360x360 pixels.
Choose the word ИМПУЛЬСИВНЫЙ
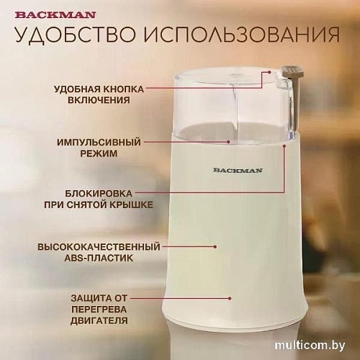[99, 143]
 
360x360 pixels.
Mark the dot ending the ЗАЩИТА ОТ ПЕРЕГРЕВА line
[230, 297]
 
